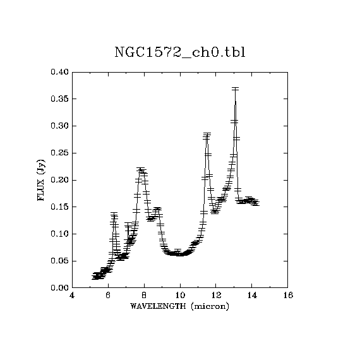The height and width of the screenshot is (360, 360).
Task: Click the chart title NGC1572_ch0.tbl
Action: (x=180, y=52)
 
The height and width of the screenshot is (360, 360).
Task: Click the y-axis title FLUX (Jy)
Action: (x=41, y=180)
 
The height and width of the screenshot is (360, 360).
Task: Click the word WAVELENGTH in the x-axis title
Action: (x=158, y=306)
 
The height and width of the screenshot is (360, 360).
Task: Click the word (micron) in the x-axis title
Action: (x=210, y=306)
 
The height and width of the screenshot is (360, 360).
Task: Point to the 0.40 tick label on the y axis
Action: (x=60, y=72)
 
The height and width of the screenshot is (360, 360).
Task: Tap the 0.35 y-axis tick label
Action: (x=60, y=99)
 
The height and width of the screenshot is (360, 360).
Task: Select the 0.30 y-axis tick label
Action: (x=60, y=126)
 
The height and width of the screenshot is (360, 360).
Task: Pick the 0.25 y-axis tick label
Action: (x=60, y=153)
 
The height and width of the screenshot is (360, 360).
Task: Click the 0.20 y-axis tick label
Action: (x=60, y=180)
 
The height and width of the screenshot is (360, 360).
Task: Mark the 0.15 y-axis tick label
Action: (x=60, y=207)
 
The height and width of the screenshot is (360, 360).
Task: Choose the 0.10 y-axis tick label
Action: (x=60, y=234)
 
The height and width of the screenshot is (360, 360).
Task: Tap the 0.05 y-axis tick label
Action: (x=60, y=261)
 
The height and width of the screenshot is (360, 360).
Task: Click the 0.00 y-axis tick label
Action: (x=60, y=288)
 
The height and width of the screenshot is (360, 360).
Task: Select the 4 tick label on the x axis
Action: (x=72, y=295)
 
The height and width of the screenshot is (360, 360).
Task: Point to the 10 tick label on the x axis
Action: (x=180, y=295)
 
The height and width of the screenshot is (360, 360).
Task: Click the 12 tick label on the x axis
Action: (x=216, y=295)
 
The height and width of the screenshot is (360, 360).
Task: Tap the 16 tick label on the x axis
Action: (x=288, y=295)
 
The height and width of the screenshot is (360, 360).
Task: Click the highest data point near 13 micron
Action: (x=235, y=89)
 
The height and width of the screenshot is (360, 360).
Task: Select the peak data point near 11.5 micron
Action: (x=207, y=135)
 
